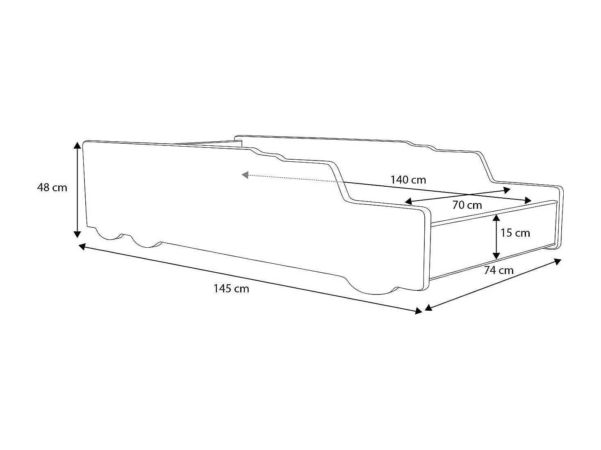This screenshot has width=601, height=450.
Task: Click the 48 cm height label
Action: pos(52,188)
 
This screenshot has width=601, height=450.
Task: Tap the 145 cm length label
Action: pos(231,289)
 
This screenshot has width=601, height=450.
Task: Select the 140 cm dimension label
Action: pos(408,180)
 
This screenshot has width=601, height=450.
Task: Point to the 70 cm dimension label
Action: pos(467,205)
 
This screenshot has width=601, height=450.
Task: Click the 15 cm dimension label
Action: pos(515,233)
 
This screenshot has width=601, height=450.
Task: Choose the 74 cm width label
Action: pos(499,270)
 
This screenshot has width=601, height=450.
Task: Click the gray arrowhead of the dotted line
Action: pos(245,175)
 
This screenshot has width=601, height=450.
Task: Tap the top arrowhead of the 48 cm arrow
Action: pos(77,145)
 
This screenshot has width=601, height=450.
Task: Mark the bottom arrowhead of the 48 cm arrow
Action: pos(77,234)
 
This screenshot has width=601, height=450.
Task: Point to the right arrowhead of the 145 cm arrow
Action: pos(419,312)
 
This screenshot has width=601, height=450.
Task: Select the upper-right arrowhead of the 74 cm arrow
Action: pos(558,261)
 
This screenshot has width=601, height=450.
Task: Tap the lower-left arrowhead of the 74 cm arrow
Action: pos(428,308)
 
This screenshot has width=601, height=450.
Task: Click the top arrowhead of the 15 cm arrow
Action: pos(496,217)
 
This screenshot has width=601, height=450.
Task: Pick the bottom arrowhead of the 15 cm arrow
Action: pos(496,256)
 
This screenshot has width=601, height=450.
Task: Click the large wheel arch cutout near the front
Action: pos(373,287)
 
